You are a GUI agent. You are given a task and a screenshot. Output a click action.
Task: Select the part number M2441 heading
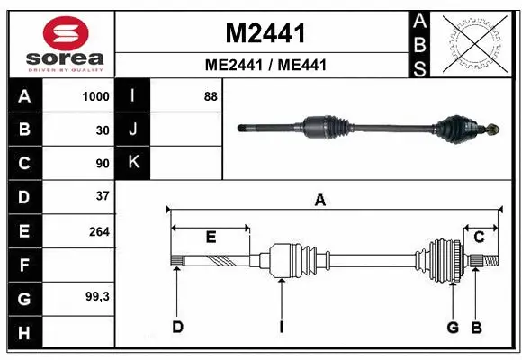pyautogui.click(x=265, y=34)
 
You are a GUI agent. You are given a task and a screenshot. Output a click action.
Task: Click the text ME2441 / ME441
pyautogui.click(x=265, y=65)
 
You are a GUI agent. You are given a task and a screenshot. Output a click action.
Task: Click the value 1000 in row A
pyautogui.click(x=95, y=96)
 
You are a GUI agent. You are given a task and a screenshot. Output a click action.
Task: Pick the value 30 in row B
pyautogui.click(x=102, y=130)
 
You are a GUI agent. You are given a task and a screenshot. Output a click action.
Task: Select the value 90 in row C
pyautogui.click(x=102, y=164)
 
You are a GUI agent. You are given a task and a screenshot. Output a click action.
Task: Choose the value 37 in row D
pyautogui.click(x=102, y=195)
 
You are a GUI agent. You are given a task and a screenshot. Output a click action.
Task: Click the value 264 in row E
pyautogui.click(x=99, y=231)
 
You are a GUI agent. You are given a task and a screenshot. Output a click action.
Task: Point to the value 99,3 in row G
pyautogui.click(x=97, y=296)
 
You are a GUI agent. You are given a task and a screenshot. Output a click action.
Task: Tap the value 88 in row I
pyautogui.click(x=211, y=96)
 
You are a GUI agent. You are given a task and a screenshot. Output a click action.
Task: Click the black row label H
pyautogui.click(x=24, y=334)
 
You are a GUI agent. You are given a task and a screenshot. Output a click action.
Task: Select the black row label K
pyautogui.click(x=133, y=163)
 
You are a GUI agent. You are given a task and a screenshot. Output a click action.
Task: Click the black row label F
pyautogui.click(x=24, y=265)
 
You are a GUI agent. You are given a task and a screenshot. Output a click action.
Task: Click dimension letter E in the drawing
pyautogui.click(x=211, y=237)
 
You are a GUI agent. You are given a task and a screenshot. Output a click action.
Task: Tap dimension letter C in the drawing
pyautogui.click(x=479, y=237)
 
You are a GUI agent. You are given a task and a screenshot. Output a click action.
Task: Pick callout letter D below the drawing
pyautogui.click(x=177, y=327)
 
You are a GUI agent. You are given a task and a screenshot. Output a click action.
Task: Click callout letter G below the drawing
pyautogui.click(x=454, y=327)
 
